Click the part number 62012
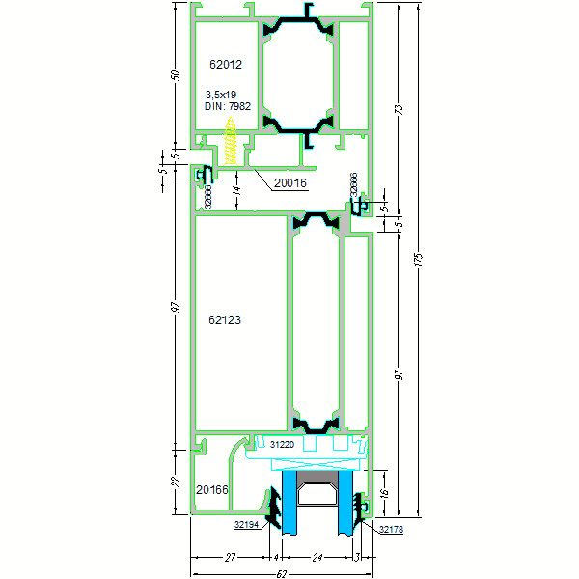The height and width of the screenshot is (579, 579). pos(225,65)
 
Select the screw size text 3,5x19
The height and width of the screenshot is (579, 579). pos(221,95)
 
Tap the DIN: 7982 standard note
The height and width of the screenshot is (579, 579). pos(228,106)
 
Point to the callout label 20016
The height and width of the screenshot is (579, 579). pos(289,182)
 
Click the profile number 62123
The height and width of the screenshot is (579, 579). pos(225,319)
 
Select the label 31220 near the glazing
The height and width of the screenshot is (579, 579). pos(283,445)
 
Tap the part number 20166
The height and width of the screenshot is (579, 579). pos(212,490)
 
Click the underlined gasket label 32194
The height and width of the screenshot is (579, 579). pos(247,526)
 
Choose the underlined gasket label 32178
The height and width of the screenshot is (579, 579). pos(391,529)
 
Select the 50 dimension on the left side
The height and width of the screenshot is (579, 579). pos(177,75)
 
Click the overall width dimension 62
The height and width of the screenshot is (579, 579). pos(280,573)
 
